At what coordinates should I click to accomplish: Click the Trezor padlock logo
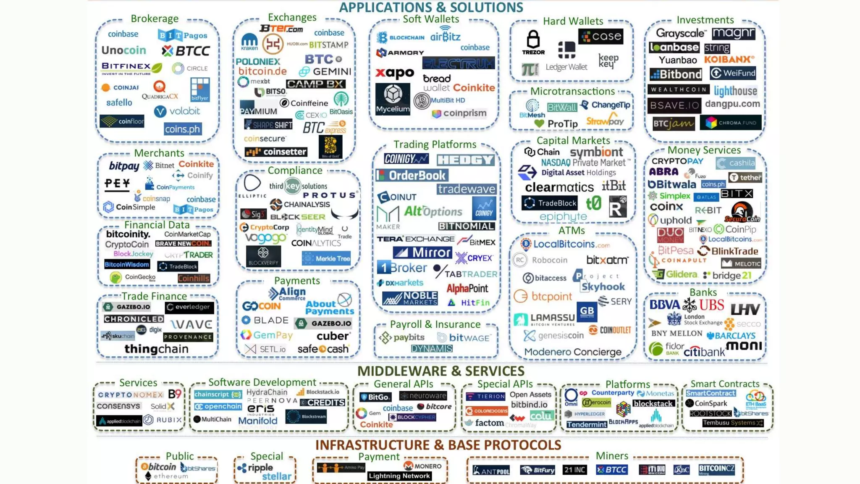coord(533,42)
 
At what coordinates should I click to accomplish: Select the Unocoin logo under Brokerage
coord(124,50)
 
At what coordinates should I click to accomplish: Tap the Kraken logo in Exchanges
coord(249,42)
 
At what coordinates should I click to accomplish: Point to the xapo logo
coord(395,73)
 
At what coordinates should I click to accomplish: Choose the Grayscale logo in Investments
coord(681,33)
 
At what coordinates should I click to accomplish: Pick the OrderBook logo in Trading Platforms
coord(412,175)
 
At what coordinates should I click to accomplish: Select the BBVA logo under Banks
coord(664,305)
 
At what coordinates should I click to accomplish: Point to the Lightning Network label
coord(399,476)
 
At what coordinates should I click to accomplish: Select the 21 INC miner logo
coord(574,470)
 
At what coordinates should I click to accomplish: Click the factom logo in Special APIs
coord(485,423)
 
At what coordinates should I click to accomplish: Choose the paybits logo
coord(402,337)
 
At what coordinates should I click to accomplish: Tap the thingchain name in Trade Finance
coord(156,349)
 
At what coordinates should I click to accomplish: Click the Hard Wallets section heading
coord(573,21)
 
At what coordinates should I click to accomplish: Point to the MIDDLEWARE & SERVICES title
coord(440,371)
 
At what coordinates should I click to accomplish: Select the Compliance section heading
coord(295,170)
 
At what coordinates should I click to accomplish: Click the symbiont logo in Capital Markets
coord(596,152)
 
